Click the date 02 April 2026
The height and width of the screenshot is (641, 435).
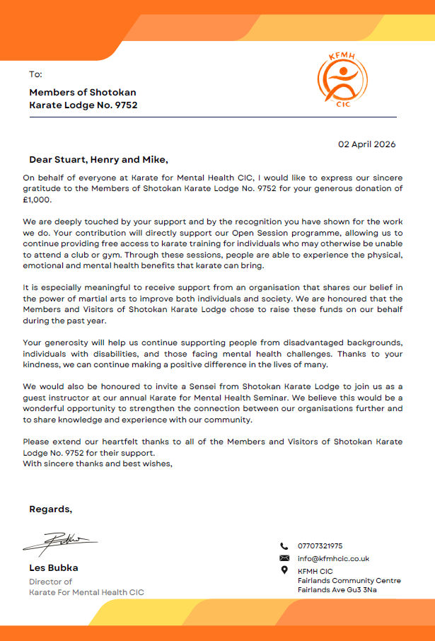point(366,144)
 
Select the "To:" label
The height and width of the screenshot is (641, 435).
point(35,74)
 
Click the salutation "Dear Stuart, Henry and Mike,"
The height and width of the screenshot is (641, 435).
point(98,160)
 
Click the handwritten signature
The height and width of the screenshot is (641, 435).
point(61,543)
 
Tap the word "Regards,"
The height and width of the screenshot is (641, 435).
point(50,509)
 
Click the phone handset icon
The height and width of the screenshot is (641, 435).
point(284,546)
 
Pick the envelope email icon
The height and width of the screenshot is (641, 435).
point(284,558)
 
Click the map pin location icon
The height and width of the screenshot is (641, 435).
point(284,570)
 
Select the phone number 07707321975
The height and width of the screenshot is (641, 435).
point(320,546)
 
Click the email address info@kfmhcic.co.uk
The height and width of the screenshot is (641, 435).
point(333,559)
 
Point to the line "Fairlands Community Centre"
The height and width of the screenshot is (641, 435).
point(349,581)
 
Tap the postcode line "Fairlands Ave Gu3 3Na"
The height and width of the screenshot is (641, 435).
point(337,590)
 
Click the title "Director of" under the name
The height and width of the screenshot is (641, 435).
point(50,582)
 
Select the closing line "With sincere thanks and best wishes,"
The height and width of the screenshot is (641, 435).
point(98,464)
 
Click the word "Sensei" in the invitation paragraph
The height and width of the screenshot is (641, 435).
point(185,387)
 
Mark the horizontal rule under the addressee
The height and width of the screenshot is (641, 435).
point(212,117)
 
